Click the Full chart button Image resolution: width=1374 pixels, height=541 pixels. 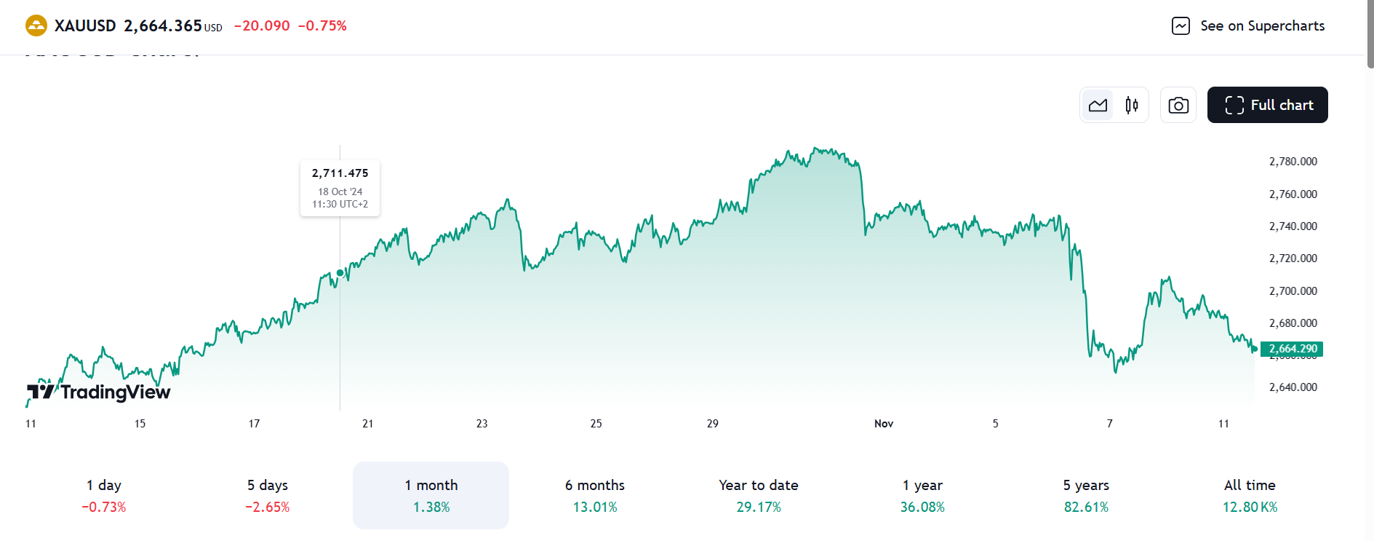coord(1267,105)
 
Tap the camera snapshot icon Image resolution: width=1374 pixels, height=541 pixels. coord(1178,105)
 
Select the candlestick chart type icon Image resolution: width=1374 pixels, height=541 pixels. coord(1132,105)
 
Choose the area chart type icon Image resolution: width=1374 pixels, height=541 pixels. coord(1098,105)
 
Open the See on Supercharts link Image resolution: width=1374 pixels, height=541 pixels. coord(1248,26)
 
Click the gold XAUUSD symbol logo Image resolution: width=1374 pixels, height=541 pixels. coord(36,26)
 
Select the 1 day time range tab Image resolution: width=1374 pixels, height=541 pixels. coord(104,495)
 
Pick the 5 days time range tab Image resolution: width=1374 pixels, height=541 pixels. coord(268,495)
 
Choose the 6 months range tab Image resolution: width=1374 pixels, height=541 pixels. coord(595,495)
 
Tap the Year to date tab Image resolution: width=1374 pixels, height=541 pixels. coord(759,495)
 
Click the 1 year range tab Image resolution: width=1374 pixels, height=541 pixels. coord(922,495)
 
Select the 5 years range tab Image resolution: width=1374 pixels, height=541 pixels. coord(1086,495)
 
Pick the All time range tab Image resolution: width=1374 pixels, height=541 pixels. coord(1250,495)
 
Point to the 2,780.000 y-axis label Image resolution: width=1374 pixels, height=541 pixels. coord(1293,162)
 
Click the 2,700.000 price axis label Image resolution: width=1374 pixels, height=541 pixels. coord(1293,291)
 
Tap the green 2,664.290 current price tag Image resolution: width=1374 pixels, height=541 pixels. coord(1292,349)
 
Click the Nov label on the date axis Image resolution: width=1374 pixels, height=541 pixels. coord(884,424)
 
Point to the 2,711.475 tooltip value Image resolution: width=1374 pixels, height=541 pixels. coord(340,173)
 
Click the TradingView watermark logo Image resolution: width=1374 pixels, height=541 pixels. coord(99,392)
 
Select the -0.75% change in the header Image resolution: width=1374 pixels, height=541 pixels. coord(322,26)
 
